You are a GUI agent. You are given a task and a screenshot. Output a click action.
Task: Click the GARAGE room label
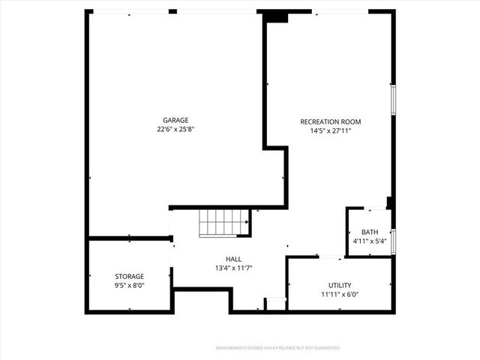175,120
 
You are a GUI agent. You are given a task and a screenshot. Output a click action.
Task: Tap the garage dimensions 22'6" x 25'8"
175,130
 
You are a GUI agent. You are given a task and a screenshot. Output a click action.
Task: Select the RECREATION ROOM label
330,121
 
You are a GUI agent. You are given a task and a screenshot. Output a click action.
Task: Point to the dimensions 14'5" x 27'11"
330,130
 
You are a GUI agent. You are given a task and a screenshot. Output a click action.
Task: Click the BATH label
370,232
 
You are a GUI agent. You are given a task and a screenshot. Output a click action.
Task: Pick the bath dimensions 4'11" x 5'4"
370,241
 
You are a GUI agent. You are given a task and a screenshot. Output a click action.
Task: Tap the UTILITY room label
339,285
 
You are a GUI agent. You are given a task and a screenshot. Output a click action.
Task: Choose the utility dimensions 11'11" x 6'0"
339,295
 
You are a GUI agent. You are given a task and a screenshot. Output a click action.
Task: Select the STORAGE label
129,276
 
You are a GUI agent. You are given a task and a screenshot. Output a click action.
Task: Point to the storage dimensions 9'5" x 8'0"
129,286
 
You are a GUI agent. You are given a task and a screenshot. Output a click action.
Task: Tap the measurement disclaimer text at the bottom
278,348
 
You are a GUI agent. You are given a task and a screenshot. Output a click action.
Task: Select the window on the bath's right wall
393,241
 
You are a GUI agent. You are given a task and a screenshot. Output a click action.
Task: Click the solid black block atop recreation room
275,16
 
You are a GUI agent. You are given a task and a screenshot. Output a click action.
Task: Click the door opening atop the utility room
331,258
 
